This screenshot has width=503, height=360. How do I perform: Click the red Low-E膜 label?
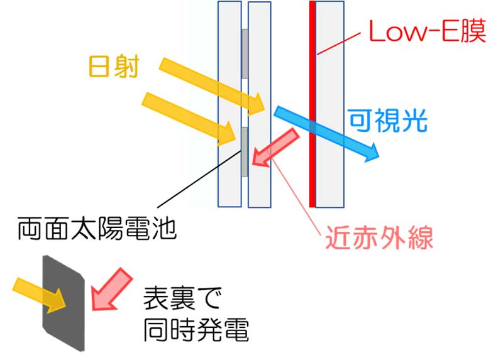pos(427,31)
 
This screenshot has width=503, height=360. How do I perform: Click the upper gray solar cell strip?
pos(245,53)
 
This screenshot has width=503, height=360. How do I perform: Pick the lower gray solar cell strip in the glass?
pos(244,151)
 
